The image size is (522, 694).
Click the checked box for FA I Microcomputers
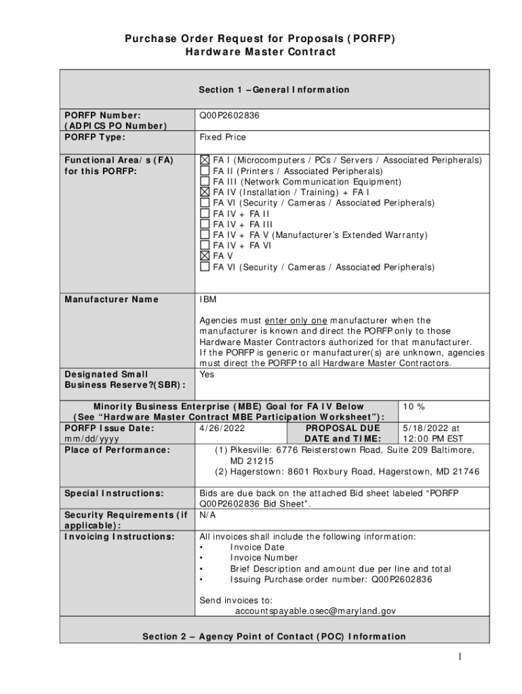click(205, 161)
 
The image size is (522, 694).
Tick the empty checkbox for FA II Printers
click(205, 171)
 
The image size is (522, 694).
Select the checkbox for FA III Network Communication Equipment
click(205, 182)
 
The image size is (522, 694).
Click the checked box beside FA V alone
click(205, 256)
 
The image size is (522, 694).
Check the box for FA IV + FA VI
click(205, 245)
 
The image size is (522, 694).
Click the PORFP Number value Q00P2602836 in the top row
click(229, 116)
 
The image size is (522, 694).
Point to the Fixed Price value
click(222, 137)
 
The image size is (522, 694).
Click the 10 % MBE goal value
click(414, 407)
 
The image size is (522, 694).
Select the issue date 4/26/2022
click(222, 428)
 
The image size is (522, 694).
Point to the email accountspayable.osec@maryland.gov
click(315, 611)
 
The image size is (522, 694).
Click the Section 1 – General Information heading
click(274, 89)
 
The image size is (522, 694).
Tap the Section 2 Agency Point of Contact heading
click(274, 636)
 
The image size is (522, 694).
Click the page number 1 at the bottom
click(459, 657)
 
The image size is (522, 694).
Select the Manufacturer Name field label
click(111, 300)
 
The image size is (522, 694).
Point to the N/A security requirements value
click(207, 515)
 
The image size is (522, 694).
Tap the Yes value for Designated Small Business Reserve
click(207, 374)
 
